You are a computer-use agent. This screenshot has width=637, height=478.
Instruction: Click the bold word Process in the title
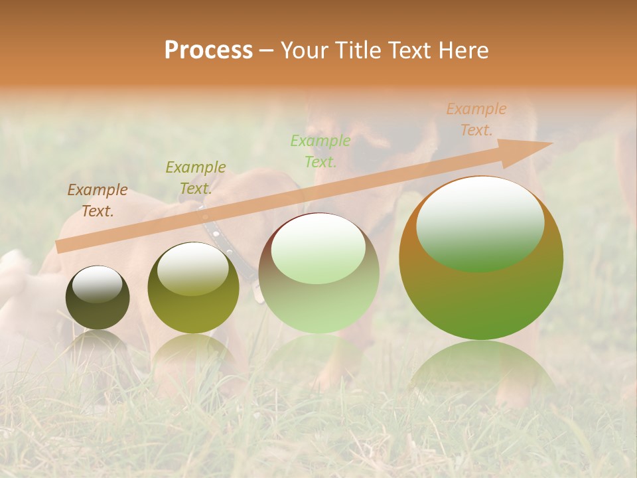click(x=208, y=50)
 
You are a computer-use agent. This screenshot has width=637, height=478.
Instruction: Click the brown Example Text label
click(x=98, y=200)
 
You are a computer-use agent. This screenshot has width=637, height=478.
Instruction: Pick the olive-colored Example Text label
click(x=196, y=177)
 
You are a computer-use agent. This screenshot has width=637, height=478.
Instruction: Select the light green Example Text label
click(x=320, y=151)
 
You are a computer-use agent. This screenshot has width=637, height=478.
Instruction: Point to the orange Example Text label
click(x=476, y=119)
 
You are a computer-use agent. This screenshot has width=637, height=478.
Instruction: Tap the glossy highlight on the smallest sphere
click(x=97, y=284)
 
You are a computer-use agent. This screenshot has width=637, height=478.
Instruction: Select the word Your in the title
click(x=302, y=50)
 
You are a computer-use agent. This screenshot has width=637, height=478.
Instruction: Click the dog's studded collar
click(x=226, y=242)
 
